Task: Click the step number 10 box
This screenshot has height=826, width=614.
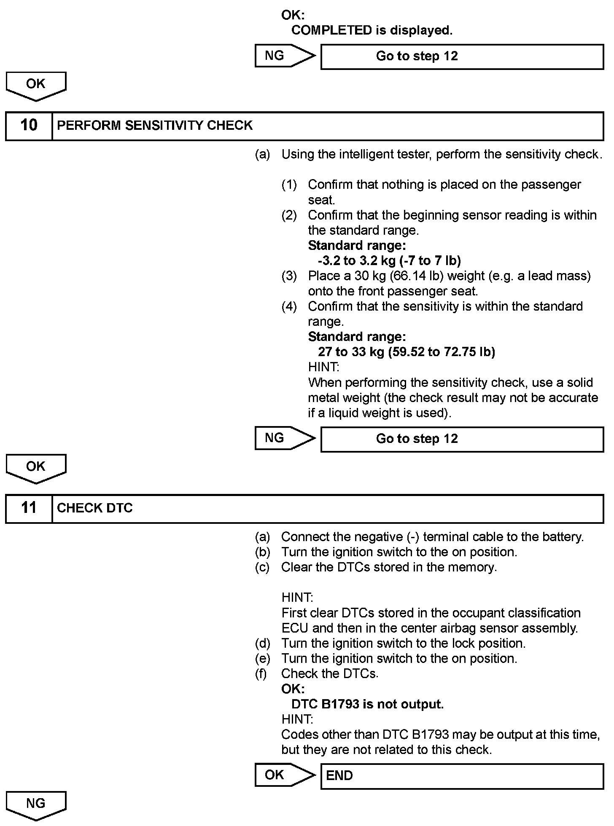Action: (x=29, y=126)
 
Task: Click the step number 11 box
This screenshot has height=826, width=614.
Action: (x=29, y=508)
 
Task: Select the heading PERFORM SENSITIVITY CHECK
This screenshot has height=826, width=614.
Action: (x=155, y=126)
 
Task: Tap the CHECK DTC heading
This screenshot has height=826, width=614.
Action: (x=95, y=508)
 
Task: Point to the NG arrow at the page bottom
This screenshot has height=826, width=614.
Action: (x=36, y=805)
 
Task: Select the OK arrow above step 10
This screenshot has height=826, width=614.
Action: (x=36, y=85)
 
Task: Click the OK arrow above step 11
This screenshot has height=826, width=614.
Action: (x=36, y=467)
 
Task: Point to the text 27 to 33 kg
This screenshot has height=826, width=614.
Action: (x=351, y=352)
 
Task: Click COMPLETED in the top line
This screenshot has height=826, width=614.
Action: (x=331, y=30)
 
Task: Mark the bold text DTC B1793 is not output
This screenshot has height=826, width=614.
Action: (x=367, y=704)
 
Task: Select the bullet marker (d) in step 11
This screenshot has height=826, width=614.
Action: (x=262, y=644)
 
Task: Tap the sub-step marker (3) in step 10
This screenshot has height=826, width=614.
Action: (x=289, y=276)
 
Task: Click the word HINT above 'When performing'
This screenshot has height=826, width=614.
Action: (x=323, y=367)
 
